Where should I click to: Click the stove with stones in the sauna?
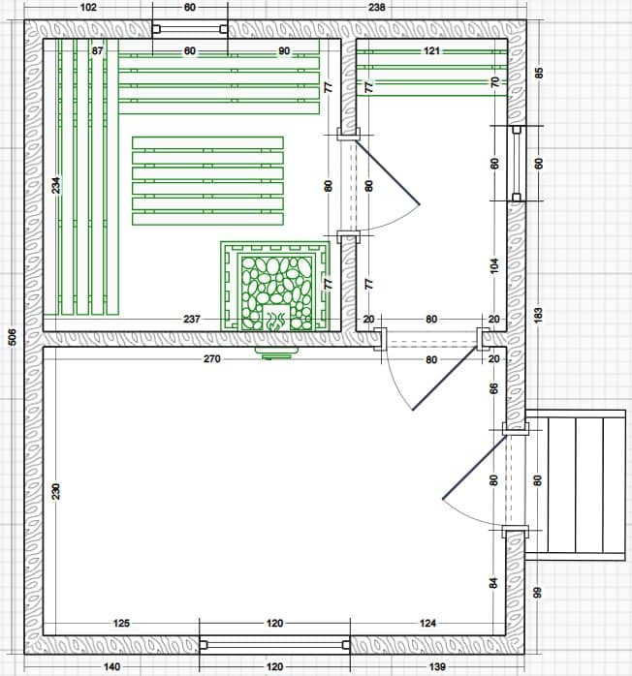275,287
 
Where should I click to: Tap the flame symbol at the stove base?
276,321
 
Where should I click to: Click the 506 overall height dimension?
13,337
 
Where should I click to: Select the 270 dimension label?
212,358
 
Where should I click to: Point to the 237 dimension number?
192,319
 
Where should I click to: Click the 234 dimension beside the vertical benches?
56,185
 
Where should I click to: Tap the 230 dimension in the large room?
56,491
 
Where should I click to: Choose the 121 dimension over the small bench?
431,51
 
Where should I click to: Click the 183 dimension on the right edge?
538,316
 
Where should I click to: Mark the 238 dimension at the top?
377,8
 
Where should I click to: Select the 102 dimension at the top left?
88,8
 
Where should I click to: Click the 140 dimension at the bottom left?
111,667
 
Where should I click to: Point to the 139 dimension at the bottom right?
437,667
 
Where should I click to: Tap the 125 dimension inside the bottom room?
121,623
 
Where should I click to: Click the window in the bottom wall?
274,645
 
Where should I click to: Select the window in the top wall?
190,29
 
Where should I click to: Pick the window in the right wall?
516,164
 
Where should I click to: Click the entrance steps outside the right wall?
575,485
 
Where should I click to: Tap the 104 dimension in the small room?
494,265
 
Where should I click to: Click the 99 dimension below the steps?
538,593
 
